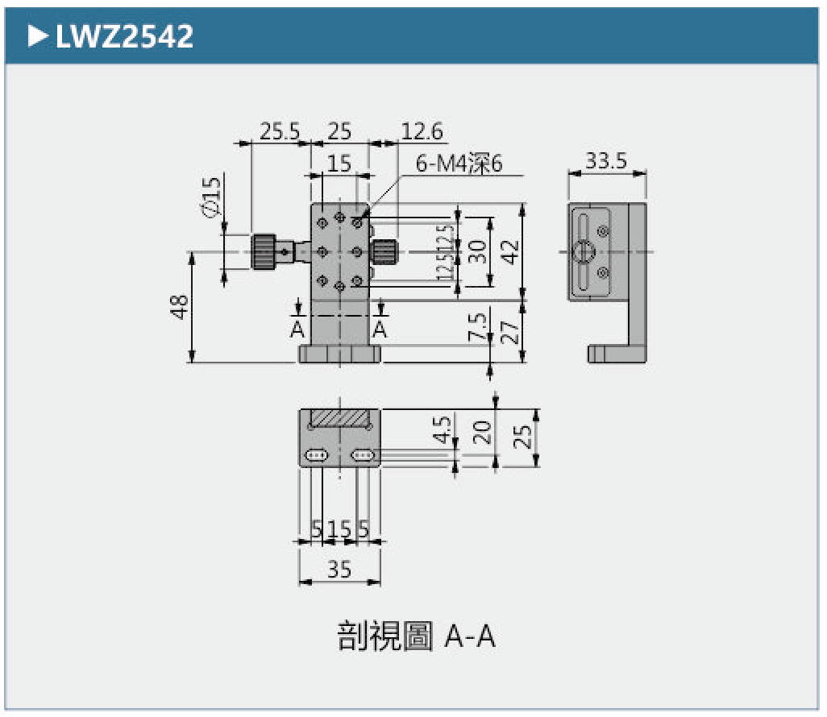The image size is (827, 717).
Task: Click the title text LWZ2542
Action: pos(124,35)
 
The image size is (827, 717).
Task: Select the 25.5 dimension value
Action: pos(279,131)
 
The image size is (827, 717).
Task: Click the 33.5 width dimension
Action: pos(606,160)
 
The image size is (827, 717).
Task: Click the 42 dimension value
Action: pos(509,251)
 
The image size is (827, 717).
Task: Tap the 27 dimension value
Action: pos(509,331)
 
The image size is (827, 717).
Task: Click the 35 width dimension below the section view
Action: pos(339,569)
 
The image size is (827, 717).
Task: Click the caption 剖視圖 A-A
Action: pos(415,636)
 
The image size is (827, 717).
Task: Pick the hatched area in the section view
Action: pos(339,419)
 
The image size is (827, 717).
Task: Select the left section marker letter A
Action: pos(297,329)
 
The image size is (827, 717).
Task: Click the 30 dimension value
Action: pos(478,251)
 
